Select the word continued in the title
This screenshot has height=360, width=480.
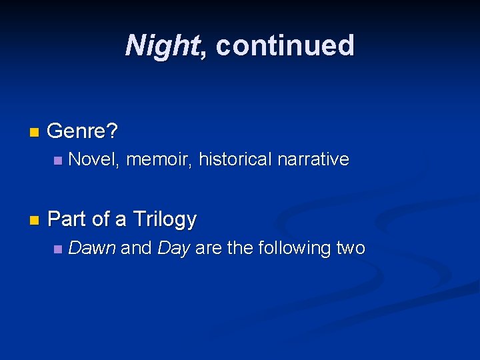tap(285, 45)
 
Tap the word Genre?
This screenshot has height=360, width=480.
tap(83, 131)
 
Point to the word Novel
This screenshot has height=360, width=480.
tap(93, 159)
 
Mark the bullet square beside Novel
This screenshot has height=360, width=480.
tap(58, 160)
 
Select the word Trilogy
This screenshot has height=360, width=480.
tap(165, 219)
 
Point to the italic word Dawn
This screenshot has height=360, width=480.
tap(92, 249)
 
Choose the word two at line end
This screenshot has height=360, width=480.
tap(351, 249)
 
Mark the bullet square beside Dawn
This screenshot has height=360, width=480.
tap(58, 249)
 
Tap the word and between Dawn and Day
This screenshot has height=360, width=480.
tap(137, 249)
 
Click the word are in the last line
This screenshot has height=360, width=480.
tap(209, 249)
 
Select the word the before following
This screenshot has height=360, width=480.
tap(240, 249)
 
